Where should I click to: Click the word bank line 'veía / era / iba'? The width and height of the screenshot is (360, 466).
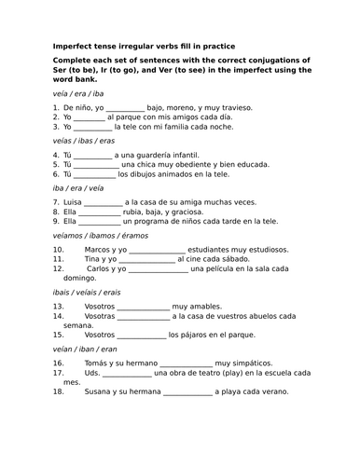pos(78,95)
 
